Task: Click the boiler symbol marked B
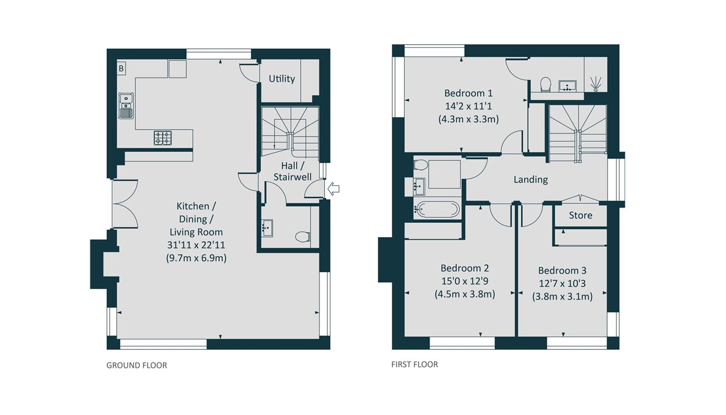121,68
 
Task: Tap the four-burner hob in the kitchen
163,137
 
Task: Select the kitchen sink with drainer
126,106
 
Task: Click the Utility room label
282,79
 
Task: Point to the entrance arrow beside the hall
334,188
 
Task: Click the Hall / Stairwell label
293,171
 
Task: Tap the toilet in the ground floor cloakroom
303,237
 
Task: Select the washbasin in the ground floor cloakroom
267,228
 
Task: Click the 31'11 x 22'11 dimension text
196,245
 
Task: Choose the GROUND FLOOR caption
137,365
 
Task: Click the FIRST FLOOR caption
415,365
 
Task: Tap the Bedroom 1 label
468,93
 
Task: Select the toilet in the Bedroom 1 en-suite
546,84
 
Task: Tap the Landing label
530,180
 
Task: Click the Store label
580,215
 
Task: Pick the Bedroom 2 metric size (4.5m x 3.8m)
465,294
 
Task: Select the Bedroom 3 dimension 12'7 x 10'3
562,284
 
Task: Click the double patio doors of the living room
125,204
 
